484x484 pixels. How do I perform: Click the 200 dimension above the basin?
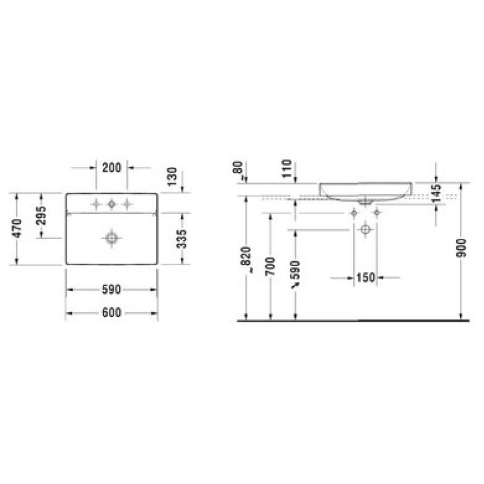point(111,168)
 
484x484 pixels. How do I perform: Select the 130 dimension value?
point(172,177)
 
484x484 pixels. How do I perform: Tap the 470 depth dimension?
point(17,228)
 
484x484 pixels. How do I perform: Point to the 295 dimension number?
point(41,216)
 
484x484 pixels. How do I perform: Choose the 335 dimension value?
point(181,239)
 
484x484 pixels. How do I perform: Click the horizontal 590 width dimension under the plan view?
point(111,290)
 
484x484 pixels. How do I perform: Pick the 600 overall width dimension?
point(111,313)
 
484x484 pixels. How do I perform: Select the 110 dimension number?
point(287,169)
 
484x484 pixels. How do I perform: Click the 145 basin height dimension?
point(436,193)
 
